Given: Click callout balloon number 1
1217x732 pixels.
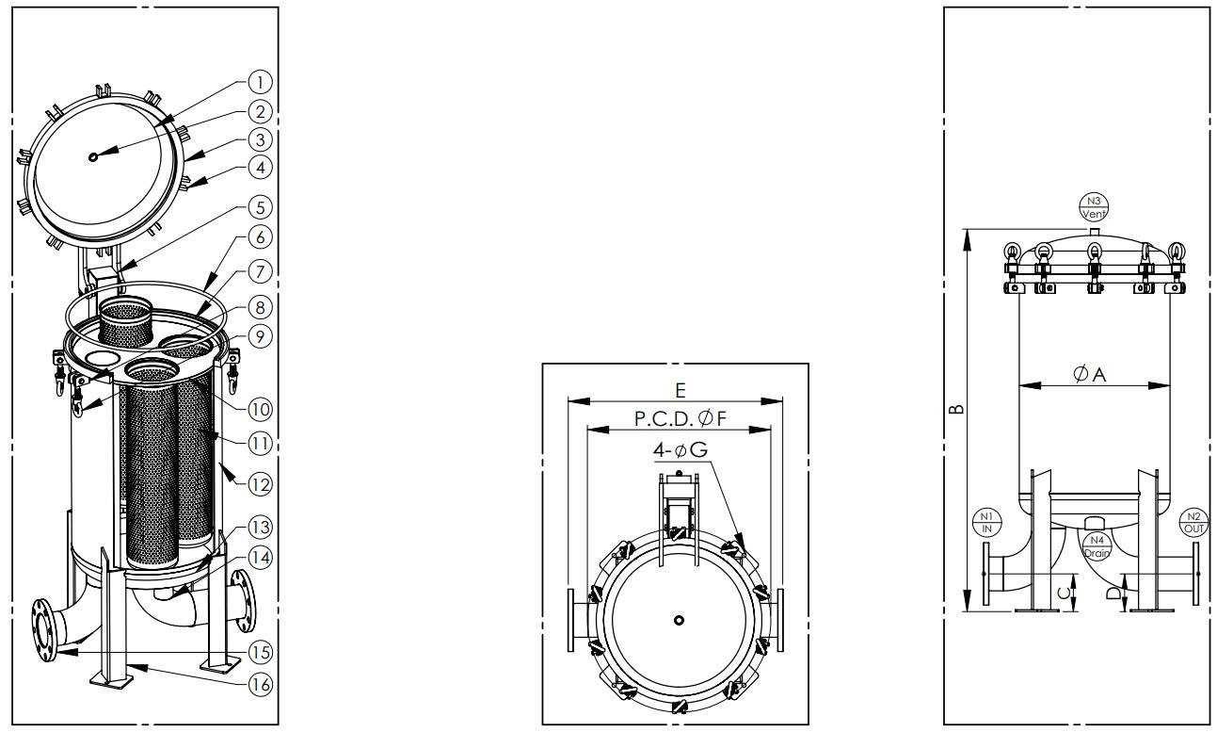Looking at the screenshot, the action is point(260,82).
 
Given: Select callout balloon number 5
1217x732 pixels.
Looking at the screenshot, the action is point(260,207).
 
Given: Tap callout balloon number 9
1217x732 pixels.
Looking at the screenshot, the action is point(260,336).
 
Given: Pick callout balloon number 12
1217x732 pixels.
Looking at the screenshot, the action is point(260,484).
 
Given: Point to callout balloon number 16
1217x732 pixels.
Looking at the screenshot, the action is point(260,684).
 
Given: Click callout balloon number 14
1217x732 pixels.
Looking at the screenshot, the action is point(260,558).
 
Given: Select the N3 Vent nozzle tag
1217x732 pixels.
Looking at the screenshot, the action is point(1093,207).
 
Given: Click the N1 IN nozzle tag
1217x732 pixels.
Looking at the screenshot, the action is point(986,523).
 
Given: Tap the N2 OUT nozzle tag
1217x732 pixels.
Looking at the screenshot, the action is point(1193,523).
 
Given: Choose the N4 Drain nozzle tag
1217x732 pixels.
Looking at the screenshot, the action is point(1097,546).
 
